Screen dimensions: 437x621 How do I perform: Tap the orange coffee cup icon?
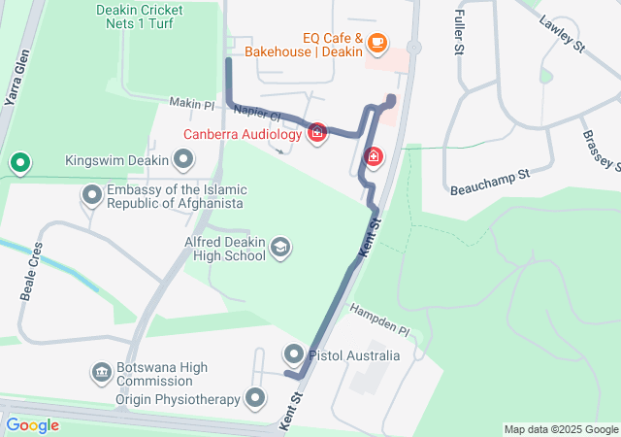pyautogui.click(x=377, y=42)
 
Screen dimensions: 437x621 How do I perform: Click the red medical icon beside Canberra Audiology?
pyautogui.click(x=316, y=133)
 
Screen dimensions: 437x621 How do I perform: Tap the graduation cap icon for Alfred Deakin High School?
pyautogui.click(x=280, y=249)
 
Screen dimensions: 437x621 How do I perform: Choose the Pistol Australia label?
pyautogui.click(x=354, y=355)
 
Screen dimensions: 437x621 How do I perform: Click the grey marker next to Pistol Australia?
pyautogui.click(x=294, y=354)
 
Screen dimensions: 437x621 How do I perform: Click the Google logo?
pyautogui.click(x=32, y=425)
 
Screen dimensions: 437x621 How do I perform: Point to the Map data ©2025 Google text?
pyautogui.click(x=560, y=429)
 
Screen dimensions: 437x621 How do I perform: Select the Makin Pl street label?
pyautogui.click(x=191, y=104)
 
